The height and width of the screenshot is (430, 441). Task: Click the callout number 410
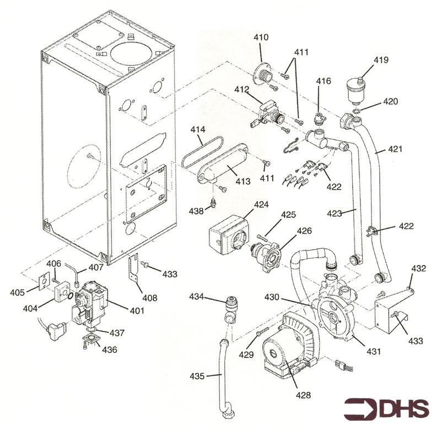(261, 38)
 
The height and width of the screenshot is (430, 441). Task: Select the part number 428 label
(303, 395)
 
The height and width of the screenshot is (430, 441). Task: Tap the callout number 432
(419, 269)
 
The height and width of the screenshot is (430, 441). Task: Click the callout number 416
(324, 81)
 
